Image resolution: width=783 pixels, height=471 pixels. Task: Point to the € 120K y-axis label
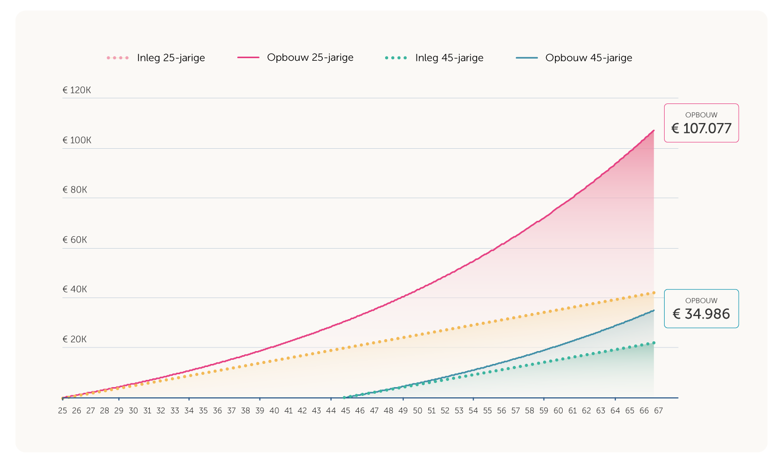click(77, 90)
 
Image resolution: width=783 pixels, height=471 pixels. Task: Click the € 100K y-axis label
click(77, 140)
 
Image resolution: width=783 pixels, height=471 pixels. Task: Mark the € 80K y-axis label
click(75, 190)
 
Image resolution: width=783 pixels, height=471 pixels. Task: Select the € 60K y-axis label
click(75, 240)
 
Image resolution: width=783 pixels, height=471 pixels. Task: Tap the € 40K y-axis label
click(75, 289)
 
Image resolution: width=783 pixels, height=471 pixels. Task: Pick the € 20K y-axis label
click(75, 339)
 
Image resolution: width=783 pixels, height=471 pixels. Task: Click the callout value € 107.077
click(701, 128)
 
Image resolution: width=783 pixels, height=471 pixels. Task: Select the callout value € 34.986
click(701, 314)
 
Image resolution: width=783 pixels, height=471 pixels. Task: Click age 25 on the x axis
click(62, 411)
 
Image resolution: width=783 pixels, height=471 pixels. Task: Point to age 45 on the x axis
click(345, 411)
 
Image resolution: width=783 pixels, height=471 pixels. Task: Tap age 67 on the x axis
click(658, 411)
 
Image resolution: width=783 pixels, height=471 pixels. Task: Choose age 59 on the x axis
click(544, 411)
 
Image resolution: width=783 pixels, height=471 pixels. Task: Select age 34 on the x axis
click(189, 411)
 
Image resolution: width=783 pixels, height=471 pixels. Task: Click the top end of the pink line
click(654, 130)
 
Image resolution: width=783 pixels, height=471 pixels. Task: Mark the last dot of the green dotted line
click(654, 343)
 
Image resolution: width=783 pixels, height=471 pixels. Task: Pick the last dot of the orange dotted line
click(654, 292)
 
